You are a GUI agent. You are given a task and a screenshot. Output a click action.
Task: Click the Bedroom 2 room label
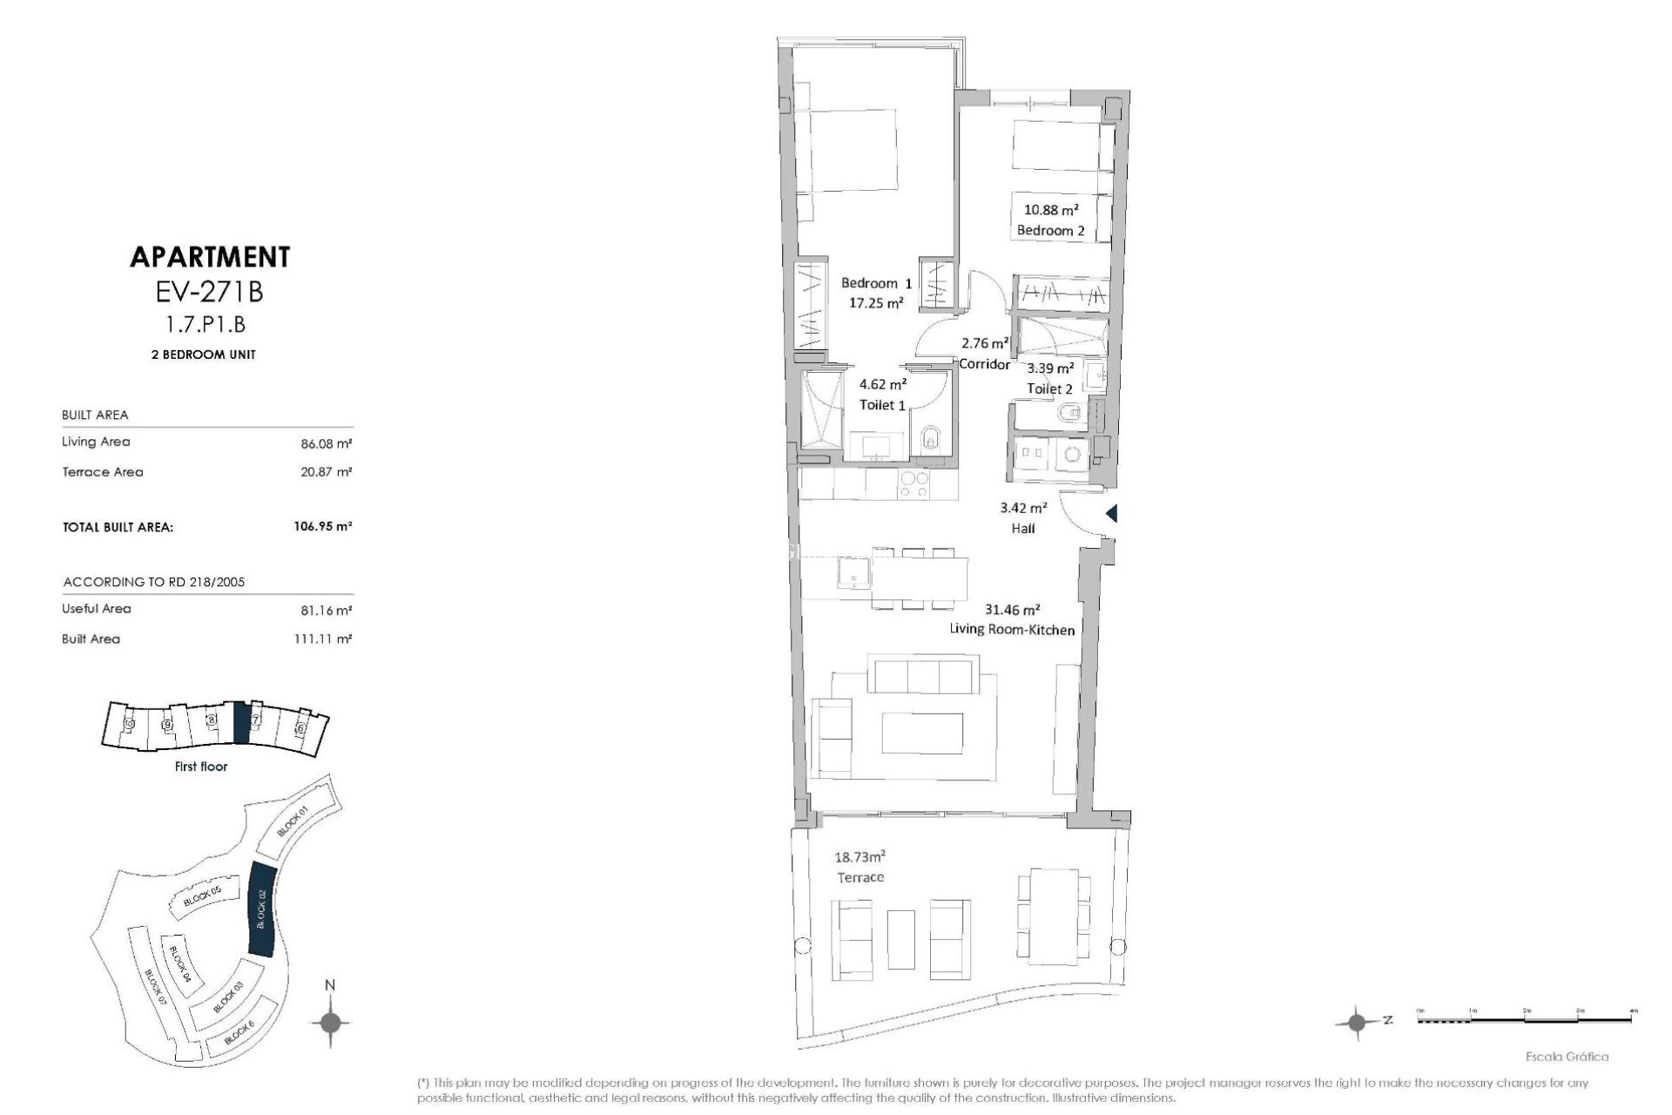pyautogui.click(x=1050, y=231)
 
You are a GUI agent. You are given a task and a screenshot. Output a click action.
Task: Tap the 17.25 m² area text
pyautogui.click(x=875, y=303)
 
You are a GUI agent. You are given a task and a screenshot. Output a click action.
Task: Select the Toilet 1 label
pyautogui.click(x=882, y=405)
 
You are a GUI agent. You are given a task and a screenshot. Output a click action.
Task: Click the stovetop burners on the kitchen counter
pyautogui.click(x=913, y=485)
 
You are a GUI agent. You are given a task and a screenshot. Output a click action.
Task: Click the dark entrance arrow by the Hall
pyautogui.click(x=1111, y=514)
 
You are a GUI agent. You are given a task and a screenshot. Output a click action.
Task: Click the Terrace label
pyautogui.click(x=860, y=877)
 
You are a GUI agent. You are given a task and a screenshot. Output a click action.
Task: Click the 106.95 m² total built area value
pyautogui.click(x=322, y=527)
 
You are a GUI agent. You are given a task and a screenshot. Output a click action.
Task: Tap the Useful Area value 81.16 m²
pyautogui.click(x=326, y=610)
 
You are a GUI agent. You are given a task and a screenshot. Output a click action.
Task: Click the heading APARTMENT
pyautogui.click(x=209, y=257)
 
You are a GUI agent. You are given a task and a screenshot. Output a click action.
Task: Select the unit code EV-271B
pyautogui.click(x=209, y=292)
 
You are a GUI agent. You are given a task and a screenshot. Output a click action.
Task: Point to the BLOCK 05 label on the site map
pyautogui.click(x=203, y=896)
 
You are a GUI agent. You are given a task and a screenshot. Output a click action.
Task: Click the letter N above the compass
pyautogui.click(x=329, y=985)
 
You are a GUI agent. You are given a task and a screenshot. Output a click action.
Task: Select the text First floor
pyautogui.click(x=200, y=767)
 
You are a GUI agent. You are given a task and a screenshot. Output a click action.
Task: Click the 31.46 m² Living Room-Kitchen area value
pyautogui.click(x=1012, y=611)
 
